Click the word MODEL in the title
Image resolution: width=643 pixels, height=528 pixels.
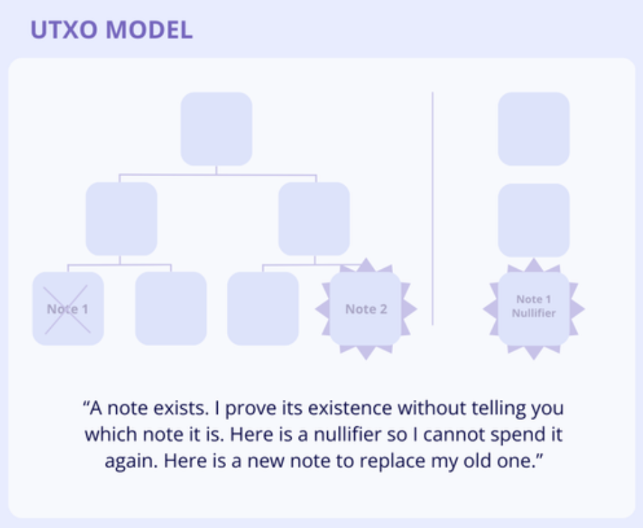[x=149, y=29]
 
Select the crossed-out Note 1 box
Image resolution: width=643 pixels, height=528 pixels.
[x=68, y=309]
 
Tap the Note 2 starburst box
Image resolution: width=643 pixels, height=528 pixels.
[x=366, y=309]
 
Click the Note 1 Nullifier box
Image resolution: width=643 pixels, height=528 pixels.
[x=534, y=309]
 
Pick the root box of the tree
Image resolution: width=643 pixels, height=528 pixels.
[x=216, y=129]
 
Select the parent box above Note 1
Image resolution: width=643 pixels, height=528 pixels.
[x=121, y=219]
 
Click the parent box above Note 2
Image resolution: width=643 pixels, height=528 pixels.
[x=314, y=219]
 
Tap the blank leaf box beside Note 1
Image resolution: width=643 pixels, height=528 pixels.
[x=171, y=309]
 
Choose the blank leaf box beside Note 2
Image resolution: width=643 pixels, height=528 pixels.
[x=263, y=309]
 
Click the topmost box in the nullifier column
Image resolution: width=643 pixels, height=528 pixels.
[x=534, y=129]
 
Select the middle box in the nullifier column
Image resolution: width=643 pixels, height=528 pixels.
[x=534, y=221]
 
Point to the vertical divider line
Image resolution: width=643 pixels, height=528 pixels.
[x=433, y=208]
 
